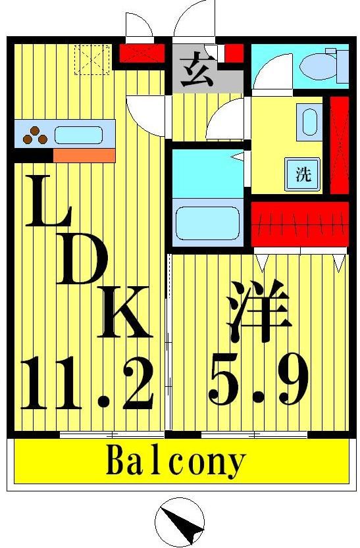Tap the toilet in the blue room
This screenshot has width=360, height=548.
coord(318,64)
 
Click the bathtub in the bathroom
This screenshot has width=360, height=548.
coord(207,223)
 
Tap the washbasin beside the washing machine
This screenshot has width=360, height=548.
coord(309,121)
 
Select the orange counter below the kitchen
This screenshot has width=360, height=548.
coord(84,155)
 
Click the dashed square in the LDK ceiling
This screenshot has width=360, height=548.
coord(91,59)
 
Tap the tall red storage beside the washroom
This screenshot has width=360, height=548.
coord(339,144)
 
